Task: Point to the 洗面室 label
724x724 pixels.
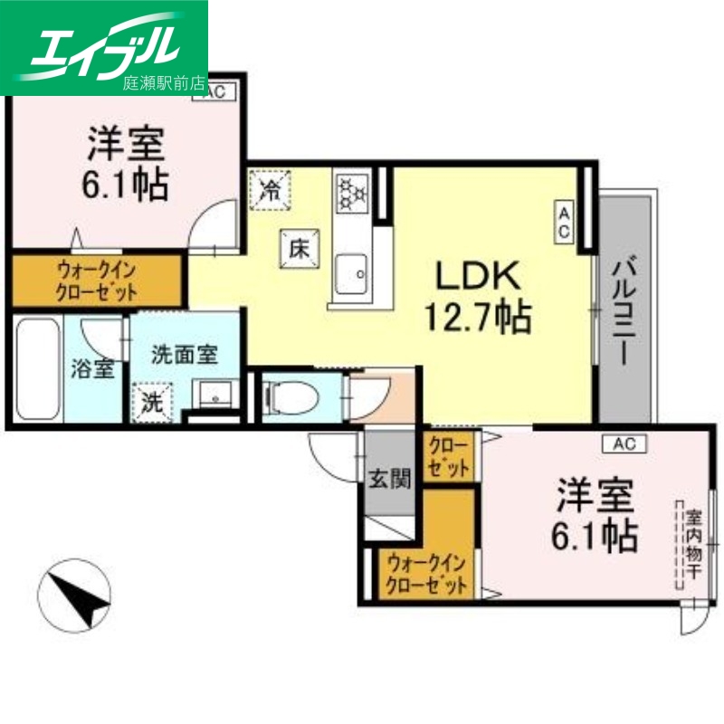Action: (x=184, y=354)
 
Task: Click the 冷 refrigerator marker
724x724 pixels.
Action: (x=270, y=189)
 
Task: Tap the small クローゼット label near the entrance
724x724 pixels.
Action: (x=448, y=458)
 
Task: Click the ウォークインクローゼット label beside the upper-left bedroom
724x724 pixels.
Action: (x=97, y=281)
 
